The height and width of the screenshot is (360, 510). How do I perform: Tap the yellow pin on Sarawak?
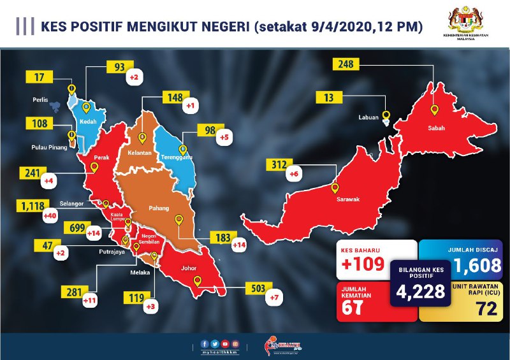coord(336,187)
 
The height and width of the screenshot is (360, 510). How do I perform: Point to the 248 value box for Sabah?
coord(347,64)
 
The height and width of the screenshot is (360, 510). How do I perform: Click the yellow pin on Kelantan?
coord(142,138)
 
